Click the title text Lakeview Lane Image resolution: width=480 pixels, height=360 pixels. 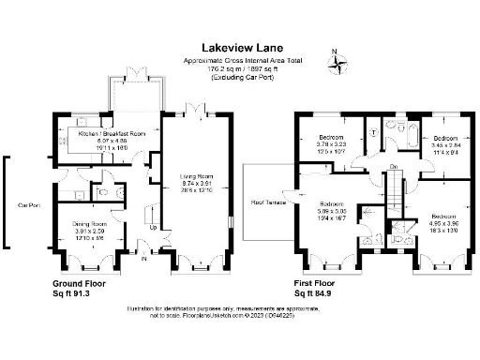(241, 46)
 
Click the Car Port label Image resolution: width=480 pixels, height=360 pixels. (27, 203)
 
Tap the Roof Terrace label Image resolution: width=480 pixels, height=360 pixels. (267, 199)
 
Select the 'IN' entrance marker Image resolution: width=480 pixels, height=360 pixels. (143, 260)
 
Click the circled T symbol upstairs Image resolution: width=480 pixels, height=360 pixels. (373, 132)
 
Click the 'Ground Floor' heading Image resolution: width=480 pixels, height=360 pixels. (81, 282)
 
